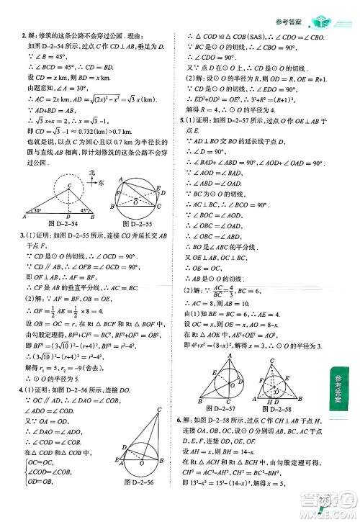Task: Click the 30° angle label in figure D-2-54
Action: pos(38,211)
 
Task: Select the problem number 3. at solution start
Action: pos(23,237)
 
